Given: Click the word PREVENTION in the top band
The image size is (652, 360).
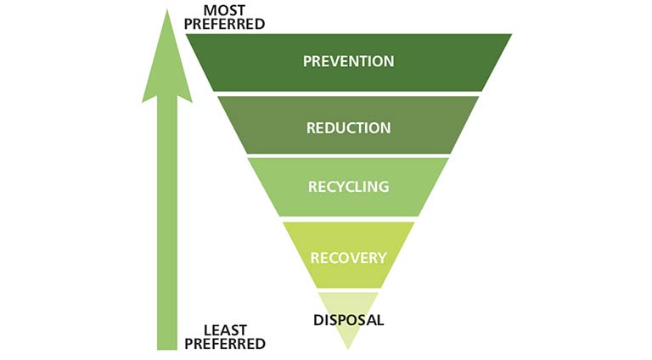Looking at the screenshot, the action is click(348, 61).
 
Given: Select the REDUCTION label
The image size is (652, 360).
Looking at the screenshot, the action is click(348, 127).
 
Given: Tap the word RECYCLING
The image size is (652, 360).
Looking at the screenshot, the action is click(348, 187).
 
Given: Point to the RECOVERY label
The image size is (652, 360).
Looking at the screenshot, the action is click(348, 258).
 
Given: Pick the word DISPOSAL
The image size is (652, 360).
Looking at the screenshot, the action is click(348, 320).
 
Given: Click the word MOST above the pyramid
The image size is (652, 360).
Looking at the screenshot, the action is click(224, 10).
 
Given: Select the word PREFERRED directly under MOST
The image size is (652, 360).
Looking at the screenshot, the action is click(224, 24).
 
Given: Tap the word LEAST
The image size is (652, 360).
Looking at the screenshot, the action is click(225, 330).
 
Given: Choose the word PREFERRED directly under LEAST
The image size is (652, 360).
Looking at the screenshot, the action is click(225, 344).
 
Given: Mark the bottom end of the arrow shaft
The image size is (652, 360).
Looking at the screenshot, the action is click(167, 349).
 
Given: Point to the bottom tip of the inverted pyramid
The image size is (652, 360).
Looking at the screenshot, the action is click(348, 349).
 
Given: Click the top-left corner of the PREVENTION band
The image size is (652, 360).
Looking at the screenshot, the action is click(186, 34).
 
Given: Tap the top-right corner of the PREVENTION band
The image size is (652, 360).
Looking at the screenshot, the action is click(512, 34).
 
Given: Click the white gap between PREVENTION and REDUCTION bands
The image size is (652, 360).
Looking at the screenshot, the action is click(348, 94).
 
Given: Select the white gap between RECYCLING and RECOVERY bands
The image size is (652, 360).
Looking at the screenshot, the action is click(348, 219).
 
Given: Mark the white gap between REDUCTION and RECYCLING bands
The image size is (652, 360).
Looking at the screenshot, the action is click(348, 156).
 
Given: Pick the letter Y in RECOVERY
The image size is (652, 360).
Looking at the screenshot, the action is click(382, 258).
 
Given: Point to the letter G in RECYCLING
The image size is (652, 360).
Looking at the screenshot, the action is click(383, 187).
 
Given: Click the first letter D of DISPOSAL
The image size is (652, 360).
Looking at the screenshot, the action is click(318, 320).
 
